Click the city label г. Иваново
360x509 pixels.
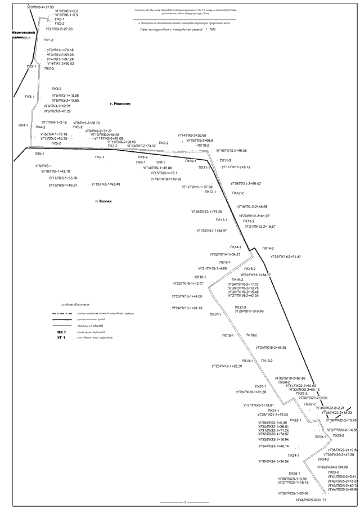pyautogui.click(x=120, y=103)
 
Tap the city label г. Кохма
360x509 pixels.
pyautogui.click(x=104, y=201)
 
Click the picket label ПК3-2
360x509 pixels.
pyautogui.click(x=56, y=89)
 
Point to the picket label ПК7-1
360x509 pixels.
pyautogui.click(x=100, y=157)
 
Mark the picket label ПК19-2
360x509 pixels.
pyautogui.click(x=267, y=361)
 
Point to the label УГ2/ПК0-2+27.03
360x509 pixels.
pyautogui.click(x=59, y=29)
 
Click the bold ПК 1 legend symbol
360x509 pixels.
pyautogui.click(x=61, y=333)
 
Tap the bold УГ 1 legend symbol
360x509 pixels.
pyautogui.click(x=61, y=338)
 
